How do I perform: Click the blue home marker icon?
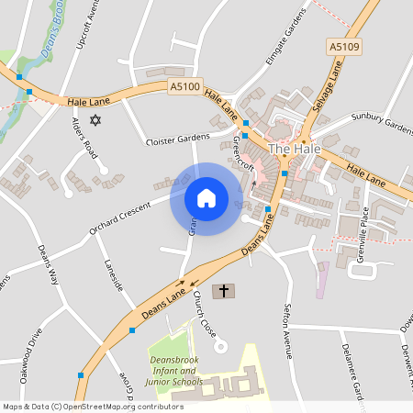pyautogui.click(x=206, y=198)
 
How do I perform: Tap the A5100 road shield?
pyautogui.click(x=184, y=85)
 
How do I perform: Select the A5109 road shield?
pyautogui.click(x=341, y=45)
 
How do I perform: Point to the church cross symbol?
pyautogui.click(x=223, y=292)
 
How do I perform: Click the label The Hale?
pyautogui.click(x=293, y=149)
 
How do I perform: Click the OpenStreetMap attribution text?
pyautogui.click(x=93, y=407)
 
